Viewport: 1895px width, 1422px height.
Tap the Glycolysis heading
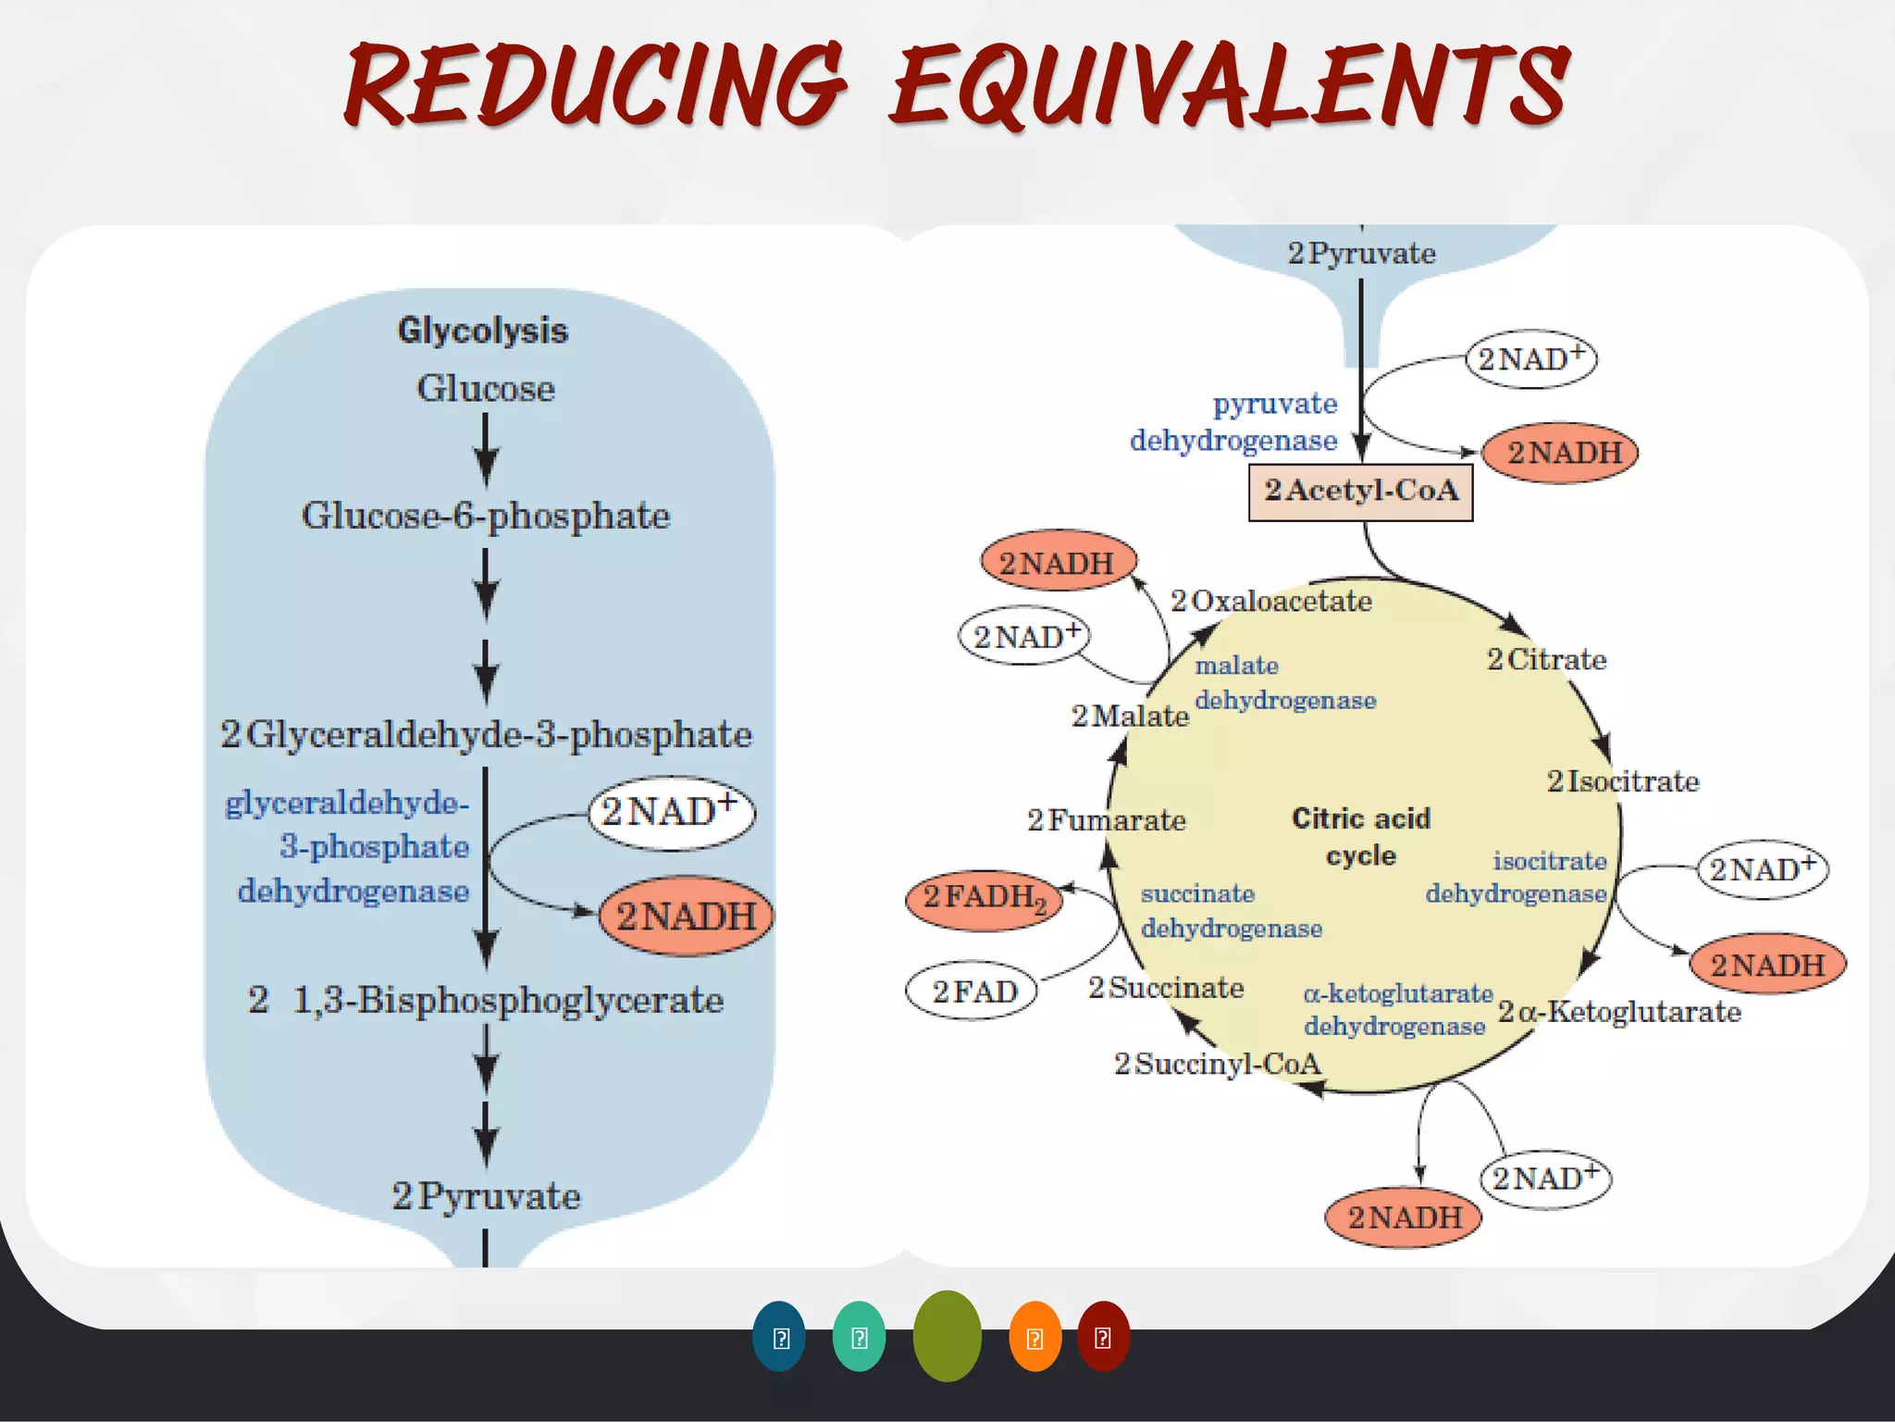click(482, 331)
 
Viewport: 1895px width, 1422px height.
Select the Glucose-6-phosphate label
click(485, 516)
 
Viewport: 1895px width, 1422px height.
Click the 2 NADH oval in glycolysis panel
click(686, 916)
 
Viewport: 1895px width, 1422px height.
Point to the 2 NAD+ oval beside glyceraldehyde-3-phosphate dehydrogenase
click(672, 812)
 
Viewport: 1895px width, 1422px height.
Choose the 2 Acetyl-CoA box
click(1360, 492)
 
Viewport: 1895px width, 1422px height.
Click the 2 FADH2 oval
click(985, 898)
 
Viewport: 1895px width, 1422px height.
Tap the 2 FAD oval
click(973, 992)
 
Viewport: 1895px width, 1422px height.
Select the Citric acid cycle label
click(1360, 836)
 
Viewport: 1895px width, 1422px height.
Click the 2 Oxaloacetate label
click(1270, 601)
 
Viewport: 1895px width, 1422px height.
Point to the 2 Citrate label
click(1546, 659)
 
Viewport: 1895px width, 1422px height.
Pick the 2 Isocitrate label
click(1623, 781)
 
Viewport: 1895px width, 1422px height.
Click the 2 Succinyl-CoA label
click(1217, 1064)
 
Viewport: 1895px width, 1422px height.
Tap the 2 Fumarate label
click(1106, 819)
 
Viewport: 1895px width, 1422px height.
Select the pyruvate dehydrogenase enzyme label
click(1235, 421)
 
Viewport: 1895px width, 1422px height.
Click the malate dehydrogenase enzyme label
click(1284, 682)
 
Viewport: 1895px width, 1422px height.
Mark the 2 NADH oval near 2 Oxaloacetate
click(1058, 562)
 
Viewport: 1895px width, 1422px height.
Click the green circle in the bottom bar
click(947, 1336)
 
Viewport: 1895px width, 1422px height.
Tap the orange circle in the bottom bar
click(1034, 1337)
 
